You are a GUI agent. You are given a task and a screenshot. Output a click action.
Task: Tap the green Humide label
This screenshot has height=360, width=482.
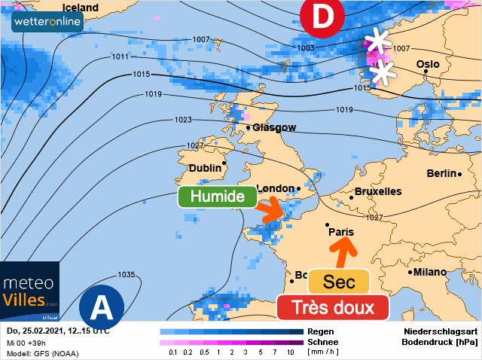(x=218, y=197)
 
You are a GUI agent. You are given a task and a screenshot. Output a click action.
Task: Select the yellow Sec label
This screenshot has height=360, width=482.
(x=339, y=282)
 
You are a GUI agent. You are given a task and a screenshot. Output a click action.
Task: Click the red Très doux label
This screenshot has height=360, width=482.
(x=332, y=307)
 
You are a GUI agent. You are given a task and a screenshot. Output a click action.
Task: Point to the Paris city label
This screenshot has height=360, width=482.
(x=341, y=232)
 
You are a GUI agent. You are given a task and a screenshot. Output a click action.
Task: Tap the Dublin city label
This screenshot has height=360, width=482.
(x=205, y=168)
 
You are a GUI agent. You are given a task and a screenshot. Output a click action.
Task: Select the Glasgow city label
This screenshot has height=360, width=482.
(x=273, y=128)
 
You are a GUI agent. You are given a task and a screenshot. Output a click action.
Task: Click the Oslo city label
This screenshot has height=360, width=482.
(x=427, y=64)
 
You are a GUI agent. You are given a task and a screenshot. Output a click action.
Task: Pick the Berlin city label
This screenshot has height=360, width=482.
(x=441, y=173)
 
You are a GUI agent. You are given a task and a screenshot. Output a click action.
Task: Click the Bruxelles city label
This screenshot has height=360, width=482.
(x=377, y=191)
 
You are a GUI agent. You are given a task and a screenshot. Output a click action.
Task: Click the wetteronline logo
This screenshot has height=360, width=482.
(x=47, y=21)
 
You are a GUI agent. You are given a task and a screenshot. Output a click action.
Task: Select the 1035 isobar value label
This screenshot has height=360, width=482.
(x=127, y=274)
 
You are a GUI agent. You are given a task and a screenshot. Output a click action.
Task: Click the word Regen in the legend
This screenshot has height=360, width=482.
(x=321, y=331)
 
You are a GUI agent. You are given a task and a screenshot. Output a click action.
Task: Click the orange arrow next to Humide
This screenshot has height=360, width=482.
(x=271, y=210)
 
